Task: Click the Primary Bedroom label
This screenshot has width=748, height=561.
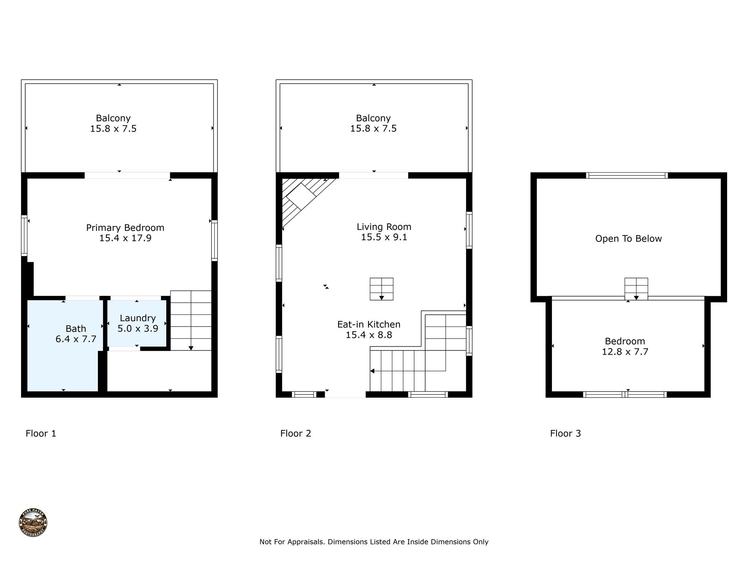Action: click(x=125, y=228)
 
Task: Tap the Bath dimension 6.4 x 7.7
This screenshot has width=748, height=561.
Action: click(x=76, y=339)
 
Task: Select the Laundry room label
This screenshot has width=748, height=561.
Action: click(x=138, y=318)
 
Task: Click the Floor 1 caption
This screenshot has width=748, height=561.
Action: click(x=41, y=434)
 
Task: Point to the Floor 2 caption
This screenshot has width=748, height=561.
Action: click(x=295, y=434)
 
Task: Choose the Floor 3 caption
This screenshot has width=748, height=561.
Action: click(x=565, y=434)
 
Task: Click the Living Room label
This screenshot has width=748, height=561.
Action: click(x=384, y=227)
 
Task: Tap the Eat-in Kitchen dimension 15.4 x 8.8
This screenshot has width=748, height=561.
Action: click(x=369, y=335)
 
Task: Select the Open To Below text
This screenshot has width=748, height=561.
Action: click(x=628, y=239)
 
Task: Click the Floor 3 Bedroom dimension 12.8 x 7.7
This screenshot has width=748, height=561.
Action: click(x=625, y=352)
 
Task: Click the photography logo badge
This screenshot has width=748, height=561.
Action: click(x=33, y=523)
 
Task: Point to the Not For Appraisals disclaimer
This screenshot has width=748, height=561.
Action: click(x=374, y=542)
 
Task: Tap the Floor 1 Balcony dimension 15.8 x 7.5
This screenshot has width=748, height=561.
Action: click(x=113, y=129)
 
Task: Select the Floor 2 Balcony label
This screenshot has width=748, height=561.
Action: click(x=373, y=118)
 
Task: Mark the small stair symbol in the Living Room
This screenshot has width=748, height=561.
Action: click(x=381, y=289)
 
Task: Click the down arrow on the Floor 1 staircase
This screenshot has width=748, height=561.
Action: click(x=191, y=348)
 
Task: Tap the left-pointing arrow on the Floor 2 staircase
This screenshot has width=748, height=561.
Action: click(x=372, y=371)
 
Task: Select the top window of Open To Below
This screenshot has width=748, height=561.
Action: click(x=627, y=176)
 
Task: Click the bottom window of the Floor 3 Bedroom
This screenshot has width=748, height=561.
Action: click(x=625, y=394)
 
